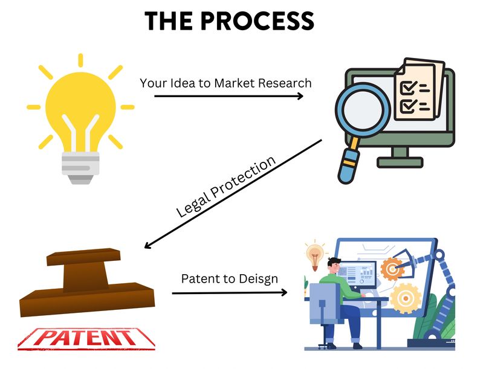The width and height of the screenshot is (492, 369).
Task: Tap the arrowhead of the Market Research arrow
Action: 300,95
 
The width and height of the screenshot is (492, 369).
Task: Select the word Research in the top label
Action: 286,83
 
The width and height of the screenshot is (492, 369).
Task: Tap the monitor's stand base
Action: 400,162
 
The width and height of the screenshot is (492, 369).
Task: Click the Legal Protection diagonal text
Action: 225,187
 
